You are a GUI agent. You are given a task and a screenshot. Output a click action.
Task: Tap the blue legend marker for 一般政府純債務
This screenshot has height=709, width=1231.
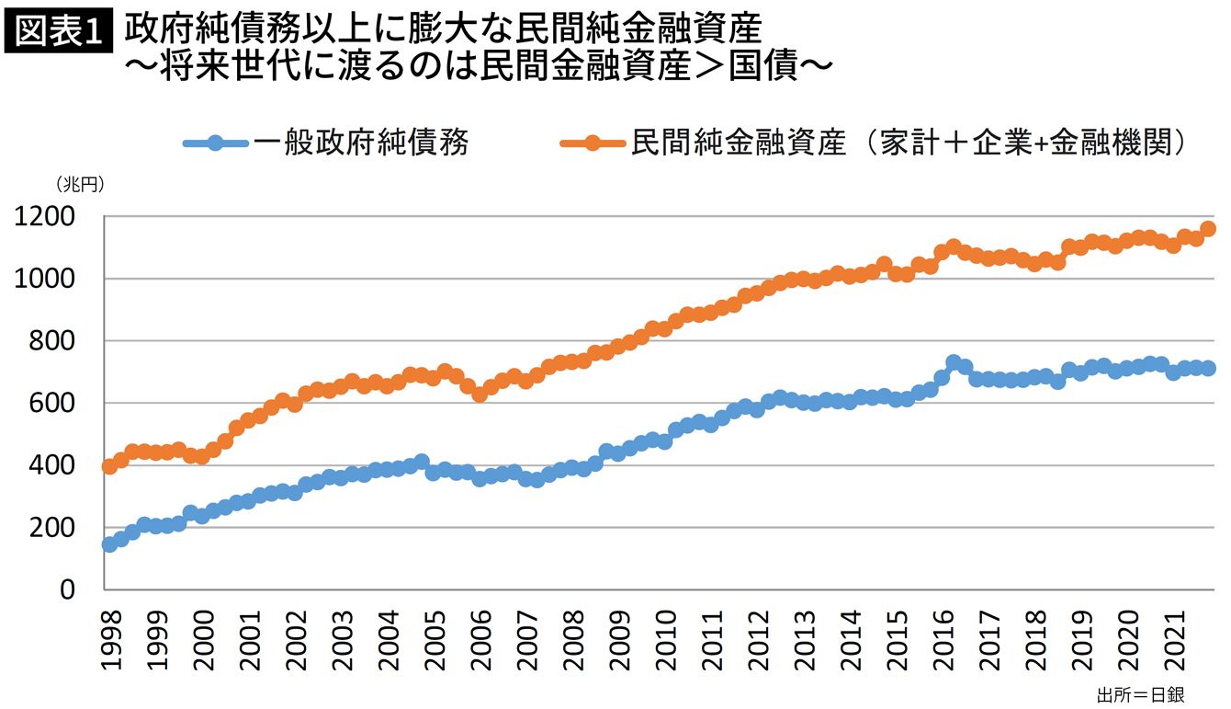click(215, 143)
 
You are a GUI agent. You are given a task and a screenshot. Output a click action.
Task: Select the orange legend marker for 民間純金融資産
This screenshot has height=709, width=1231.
click(593, 143)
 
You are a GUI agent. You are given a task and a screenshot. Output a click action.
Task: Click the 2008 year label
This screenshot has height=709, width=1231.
click(574, 635)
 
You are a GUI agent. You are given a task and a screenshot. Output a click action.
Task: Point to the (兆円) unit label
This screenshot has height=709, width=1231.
click(79, 184)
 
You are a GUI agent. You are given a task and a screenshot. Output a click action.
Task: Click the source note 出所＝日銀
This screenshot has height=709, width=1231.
click(1136, 692)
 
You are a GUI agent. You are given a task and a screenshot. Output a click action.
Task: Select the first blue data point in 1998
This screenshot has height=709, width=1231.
click(109, 544)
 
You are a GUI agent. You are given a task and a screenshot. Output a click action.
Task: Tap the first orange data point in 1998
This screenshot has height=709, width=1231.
click(109, 466)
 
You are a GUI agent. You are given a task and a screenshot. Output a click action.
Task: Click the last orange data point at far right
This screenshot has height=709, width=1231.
click(1208, 229)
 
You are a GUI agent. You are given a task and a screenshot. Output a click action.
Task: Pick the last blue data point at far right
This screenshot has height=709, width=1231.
click(1208, 368)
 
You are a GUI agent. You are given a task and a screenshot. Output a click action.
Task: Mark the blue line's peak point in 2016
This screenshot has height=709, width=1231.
click(954, 362)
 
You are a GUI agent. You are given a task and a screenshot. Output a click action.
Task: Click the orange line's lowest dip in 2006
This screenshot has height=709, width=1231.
click(480, 395)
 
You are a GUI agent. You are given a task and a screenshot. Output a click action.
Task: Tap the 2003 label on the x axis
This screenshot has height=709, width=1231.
click(342, 635)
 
